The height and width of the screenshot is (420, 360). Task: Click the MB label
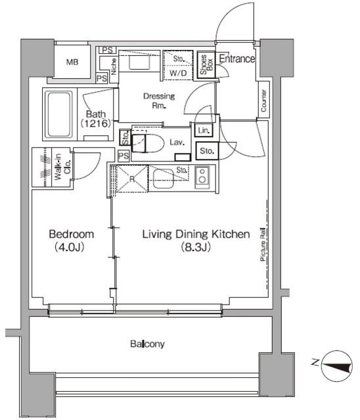click(72, 62)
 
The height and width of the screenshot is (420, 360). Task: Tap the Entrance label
click(237, 58)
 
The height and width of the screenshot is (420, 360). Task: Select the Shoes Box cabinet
click(206, 65)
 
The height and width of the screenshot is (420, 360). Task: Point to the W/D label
click(178, 73)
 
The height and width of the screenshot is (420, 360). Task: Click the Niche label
click(114, 66)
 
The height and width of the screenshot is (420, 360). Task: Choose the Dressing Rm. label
click(159, 100)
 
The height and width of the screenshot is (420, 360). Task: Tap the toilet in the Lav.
click(148, 143)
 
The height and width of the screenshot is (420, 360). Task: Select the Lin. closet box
click(204, 131)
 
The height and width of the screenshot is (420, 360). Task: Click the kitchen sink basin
click(163, 178)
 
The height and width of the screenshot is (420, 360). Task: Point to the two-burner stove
click(202, 175)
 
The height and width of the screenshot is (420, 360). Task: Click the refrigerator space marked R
click(132, 178)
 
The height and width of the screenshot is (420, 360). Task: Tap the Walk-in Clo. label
click(62, 167)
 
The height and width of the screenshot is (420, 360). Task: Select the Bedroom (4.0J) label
click(72, 241)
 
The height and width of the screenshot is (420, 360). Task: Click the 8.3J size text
click(196, 247)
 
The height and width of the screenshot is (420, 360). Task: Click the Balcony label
click(147, 344)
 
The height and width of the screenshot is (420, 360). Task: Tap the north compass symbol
click(337, 366)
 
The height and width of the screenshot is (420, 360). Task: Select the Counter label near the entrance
click(264, 100)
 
